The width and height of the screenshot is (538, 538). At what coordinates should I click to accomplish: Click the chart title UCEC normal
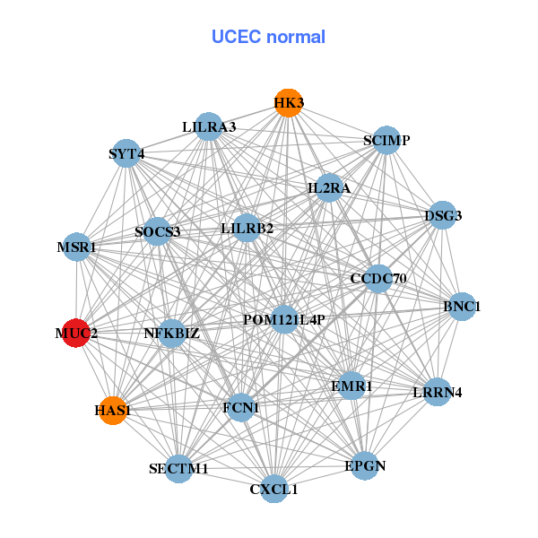point(268,37)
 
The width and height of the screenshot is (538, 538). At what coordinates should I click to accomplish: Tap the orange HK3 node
point(288,103)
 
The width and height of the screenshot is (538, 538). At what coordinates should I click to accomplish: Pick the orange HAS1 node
point(112,410)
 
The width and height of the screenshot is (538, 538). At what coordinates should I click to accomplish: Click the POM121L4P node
point(283,319)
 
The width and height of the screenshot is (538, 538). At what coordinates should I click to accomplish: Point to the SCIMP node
point(386,140)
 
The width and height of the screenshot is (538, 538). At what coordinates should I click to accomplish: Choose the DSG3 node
point(443,215)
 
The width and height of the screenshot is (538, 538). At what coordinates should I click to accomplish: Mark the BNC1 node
point(462,307)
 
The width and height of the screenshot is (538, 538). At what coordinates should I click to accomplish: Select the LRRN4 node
point(437,392)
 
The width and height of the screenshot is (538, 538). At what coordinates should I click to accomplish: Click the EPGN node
point(364,465)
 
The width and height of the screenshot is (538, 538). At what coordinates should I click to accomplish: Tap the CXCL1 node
point(274,489)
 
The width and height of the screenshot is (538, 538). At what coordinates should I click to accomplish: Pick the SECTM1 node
point(178,468)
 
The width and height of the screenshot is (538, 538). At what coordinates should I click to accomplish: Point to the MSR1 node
point(77,247)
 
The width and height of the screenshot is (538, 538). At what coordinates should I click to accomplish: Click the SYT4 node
point(126,153)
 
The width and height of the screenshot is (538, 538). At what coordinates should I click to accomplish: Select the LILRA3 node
point(208,126)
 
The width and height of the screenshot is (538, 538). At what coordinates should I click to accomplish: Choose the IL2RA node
point(329,188)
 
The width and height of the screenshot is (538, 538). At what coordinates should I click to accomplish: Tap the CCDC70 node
point(378,279)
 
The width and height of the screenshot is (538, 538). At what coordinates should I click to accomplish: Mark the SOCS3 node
point(158,231)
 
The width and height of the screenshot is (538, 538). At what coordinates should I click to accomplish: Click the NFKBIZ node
point(171,334)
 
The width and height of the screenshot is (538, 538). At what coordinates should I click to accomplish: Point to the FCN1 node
point(240,408)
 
